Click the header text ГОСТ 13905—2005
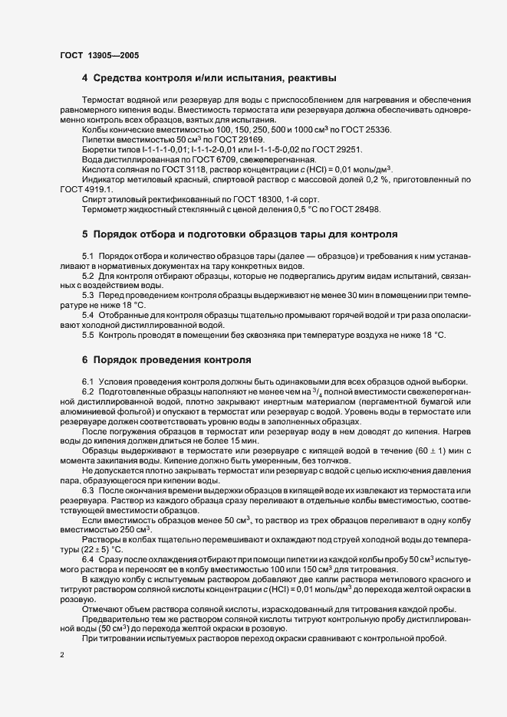99,56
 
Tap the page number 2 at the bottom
61,655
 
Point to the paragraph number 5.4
87,315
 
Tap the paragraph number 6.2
87,392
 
